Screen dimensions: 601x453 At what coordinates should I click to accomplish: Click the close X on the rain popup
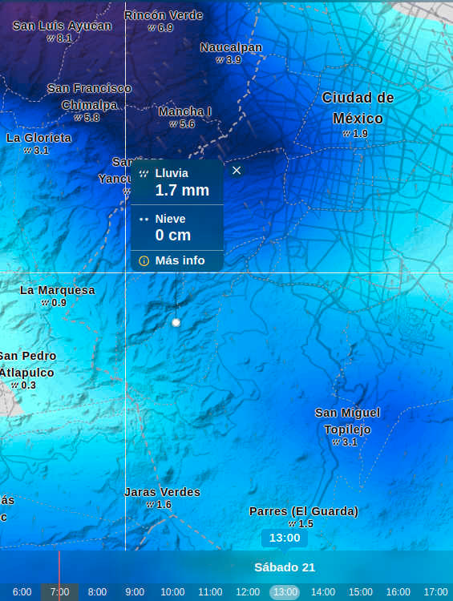click(237, 170)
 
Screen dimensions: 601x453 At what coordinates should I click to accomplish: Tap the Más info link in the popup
click(180, 260)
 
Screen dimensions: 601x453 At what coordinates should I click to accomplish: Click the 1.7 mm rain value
click(182, 190)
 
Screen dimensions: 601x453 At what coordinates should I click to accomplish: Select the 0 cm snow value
click(173, 235)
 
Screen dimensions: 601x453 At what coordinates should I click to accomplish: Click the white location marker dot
click(176, 322)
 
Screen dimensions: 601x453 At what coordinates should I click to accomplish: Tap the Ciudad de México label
click(358, 108)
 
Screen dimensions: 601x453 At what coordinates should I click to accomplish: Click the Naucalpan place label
click(231, 47)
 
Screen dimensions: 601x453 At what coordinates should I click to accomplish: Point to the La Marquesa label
click(57, 290)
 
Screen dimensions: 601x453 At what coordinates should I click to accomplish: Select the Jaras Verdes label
click(162, 492)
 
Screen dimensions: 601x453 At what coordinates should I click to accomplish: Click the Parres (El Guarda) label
click(304, 511)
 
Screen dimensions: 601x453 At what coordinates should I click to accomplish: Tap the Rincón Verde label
click(164, 15)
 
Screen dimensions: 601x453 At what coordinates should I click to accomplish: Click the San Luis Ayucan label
click(62, 26)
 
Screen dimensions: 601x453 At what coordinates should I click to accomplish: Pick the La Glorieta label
click(38, 138)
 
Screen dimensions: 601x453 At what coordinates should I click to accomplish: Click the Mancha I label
click(184, 111)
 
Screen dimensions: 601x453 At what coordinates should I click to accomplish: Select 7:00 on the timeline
click(59, 592)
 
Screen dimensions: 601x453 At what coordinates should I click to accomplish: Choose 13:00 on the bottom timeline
click(285, 592)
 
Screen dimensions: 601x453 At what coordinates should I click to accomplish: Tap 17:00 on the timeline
click(435, 592)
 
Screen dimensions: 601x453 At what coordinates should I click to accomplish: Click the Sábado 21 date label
click(285, 567)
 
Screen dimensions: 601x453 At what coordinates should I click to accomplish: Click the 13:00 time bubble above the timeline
click(285, 538)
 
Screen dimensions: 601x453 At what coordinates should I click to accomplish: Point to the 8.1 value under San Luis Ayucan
click(64, 38)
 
